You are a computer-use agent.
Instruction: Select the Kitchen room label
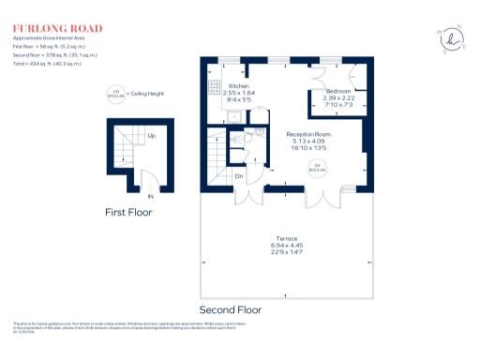click(x=238, y=85)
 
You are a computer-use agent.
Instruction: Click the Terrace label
click(x=286, y=239)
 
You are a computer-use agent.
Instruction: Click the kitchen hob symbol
click(x=213, y=85)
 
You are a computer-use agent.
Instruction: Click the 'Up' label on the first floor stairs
click(x=151, y=135)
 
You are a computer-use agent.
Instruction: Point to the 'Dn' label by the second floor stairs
click(x=239, y=176)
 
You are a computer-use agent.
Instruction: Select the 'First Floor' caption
click(x=128, y=213)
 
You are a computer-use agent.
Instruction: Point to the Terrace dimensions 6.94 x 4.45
click(x=286, y=246)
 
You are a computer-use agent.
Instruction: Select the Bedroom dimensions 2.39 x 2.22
click(x=337, y=99)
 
